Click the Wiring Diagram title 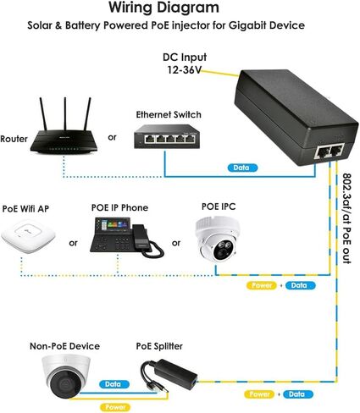[x=164, y=8]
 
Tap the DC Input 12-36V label [x=185, y=63]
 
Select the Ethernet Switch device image [x=167, y=136]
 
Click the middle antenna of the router [x=65, y=114]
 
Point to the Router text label [x=14, y=139]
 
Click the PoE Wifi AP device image [x=28, y=237]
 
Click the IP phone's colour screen [x=114, y=226]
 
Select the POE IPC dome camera [x=218, y=239]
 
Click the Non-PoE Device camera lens [x=66, y=383]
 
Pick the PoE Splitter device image [x=169, y=376]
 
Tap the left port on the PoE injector [x=323, y=152]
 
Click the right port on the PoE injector [x=336, y=150]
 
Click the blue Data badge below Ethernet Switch [x=242, y=168]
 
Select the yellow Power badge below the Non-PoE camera [x=115, y=407]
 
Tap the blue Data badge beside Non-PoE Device [x=114, y=384]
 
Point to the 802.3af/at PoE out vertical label [x=347, y=218]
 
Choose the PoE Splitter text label [x=159, y=346]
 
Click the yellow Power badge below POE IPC [x=262, y=285]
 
